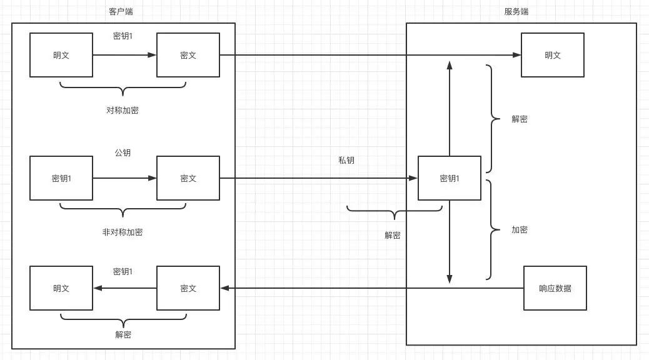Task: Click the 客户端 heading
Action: coord(121,12)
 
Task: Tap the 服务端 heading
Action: coord(516,12)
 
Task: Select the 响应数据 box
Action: coord(555,288)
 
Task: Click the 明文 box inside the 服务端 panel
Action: coord(553,55)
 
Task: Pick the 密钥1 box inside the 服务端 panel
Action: coord(450,178)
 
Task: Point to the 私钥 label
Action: coord(346,161)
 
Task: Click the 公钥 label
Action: coord(123,152)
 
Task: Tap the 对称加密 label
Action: coord(123,110)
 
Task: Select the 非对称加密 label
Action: coord(123,232)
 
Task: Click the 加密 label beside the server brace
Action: coord(520,229)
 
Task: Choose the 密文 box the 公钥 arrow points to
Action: coord(188,178)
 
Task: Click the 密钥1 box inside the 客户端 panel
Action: coord(61,178)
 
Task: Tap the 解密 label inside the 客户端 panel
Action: coord(123,334)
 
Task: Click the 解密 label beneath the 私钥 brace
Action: coord(393,235)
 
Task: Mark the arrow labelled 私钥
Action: coord(319,178)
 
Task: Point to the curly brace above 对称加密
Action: coord(123,90)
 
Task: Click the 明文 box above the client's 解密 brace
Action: coord(61,288)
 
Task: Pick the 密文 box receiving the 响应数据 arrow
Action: coord(188,288)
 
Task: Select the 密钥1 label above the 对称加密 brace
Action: coord(123,36)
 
